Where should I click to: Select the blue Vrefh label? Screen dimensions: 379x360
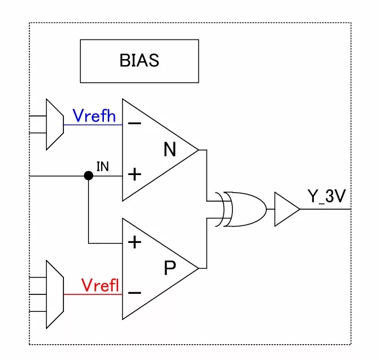pos(94,115)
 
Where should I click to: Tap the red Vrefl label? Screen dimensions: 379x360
pos(100,285)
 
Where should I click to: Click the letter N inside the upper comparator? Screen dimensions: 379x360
pos(170,149)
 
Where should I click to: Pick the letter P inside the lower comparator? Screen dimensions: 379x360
pos(170,268)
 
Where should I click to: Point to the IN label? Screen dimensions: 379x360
pos(103,166)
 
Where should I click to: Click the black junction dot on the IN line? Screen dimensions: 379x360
pos(89,176)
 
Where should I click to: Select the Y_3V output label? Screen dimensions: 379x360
pos(326,196)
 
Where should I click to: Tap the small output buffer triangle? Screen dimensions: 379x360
pos(287,209)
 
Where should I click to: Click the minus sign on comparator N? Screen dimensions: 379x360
pos(135,124)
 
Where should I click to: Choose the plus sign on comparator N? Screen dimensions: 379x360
pos(135,175)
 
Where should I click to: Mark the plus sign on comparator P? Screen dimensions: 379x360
pos(135,242)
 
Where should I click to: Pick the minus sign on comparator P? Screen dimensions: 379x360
pos(135,293)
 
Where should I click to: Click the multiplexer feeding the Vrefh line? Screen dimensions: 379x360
pos(55,125)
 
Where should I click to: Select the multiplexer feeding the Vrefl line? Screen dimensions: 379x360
pos(55,294)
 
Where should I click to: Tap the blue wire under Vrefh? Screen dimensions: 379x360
pos(93,125)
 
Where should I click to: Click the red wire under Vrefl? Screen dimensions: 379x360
pos(93,294)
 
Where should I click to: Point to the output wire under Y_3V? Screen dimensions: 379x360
pos(325,209)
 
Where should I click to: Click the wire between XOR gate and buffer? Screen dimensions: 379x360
pos(271,209)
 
